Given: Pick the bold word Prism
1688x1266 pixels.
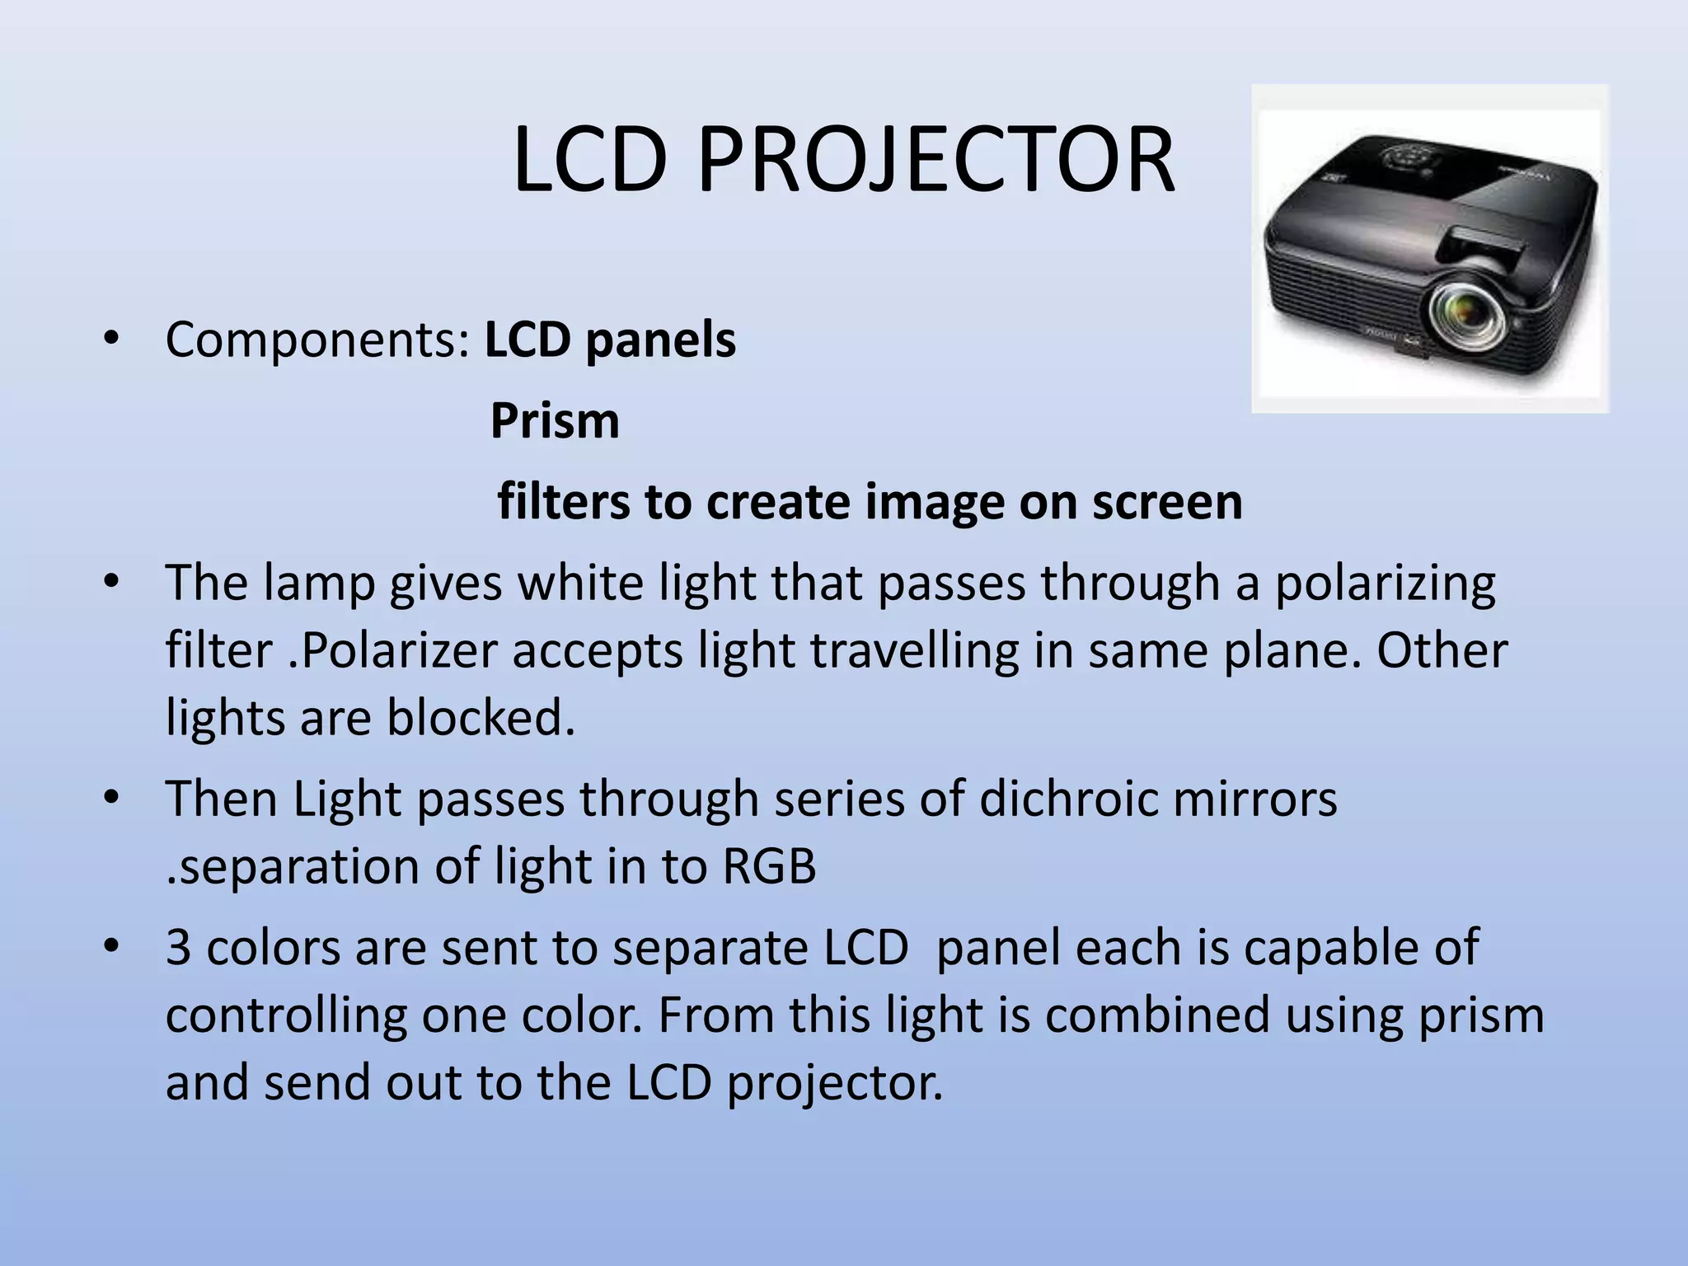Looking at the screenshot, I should (555, 421).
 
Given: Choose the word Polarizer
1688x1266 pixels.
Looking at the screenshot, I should (399, 651).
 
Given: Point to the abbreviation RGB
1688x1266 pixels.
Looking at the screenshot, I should (769, 867).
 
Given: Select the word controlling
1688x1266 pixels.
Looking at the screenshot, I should (286, 1015).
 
